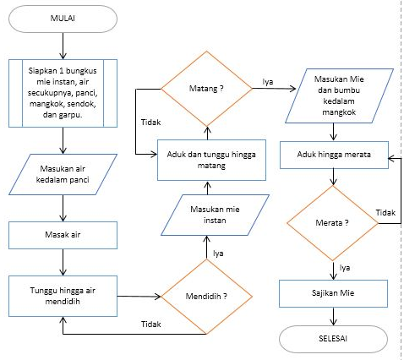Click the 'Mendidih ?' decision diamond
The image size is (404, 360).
click(206, 296)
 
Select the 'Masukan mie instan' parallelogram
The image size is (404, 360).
click(206, 215)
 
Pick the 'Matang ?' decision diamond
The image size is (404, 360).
click(206, 86)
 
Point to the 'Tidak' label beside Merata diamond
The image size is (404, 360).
click(385, 211)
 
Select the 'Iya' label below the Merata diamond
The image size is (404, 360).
click(345, 267)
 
